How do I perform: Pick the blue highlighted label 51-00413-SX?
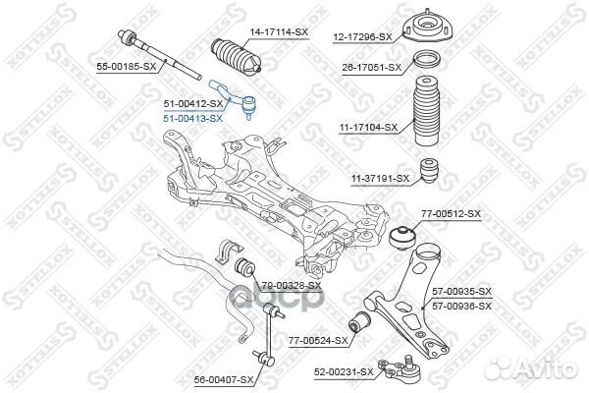tap(192, 117)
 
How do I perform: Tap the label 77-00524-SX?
tap(318, 340)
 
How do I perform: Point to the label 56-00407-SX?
tap(225, 378)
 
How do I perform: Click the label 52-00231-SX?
tap(344, 371)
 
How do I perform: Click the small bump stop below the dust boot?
tap(428, 170)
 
